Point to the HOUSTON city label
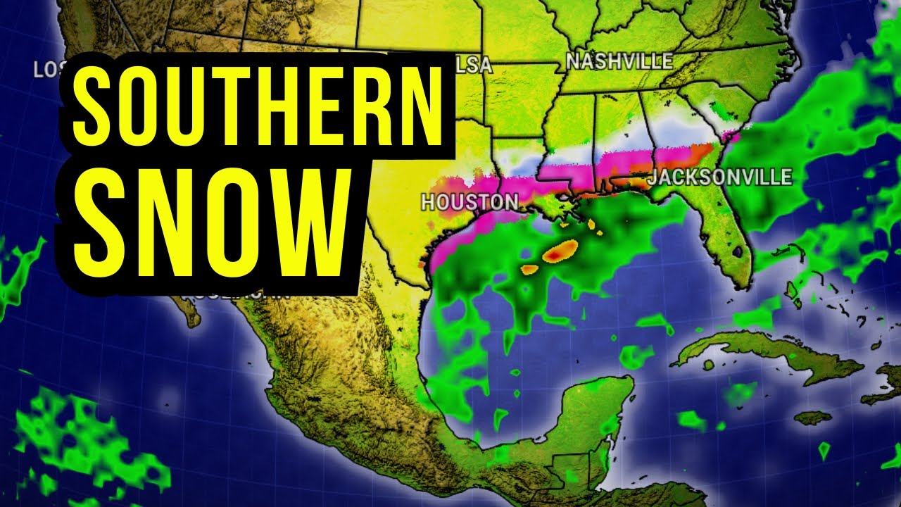(x=470, y=203)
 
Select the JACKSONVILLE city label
(x=719, y=177)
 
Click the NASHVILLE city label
(x=619, y=62)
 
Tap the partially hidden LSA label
(x=473, y=66)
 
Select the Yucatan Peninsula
(x=591, y=415)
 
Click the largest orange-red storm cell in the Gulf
(x=560, y=250)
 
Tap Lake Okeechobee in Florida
(x=737, y=250)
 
